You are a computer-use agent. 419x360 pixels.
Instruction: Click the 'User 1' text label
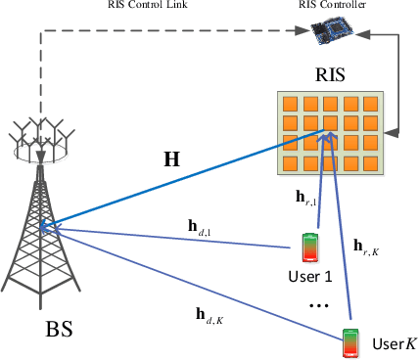(314, 277)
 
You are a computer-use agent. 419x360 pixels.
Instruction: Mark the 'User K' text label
(394, 343)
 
